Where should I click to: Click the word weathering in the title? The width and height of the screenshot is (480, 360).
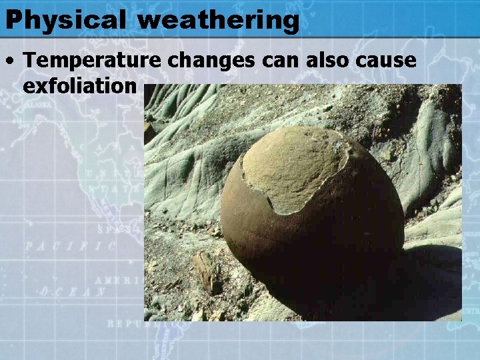coord(219,20)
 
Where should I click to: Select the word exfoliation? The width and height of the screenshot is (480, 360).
coord(79,86)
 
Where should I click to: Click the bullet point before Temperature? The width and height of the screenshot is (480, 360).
coord(11,61)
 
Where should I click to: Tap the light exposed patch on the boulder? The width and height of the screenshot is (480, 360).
coord(293,167)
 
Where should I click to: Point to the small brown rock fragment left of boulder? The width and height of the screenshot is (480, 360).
coord(207,270)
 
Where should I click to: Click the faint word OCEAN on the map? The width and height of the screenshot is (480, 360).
coord(73,291)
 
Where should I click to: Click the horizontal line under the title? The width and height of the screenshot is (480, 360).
coord(240,37)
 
